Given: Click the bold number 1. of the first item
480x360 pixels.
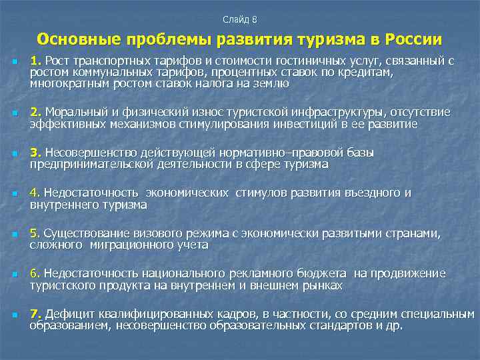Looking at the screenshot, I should tap(35, 61).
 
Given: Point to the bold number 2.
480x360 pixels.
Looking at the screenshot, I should tap(35, 111).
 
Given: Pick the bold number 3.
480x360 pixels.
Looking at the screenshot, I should tap(35, 153).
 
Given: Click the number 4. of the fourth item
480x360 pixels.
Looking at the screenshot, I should tap(34, 193).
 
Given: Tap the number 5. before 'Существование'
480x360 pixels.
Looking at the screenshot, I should tap(34, 233).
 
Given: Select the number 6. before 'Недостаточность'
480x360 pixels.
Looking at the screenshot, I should tap(34, 274).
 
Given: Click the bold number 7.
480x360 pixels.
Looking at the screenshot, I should tap(35, 314).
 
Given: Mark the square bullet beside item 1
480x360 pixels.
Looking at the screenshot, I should tap(13, 62).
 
